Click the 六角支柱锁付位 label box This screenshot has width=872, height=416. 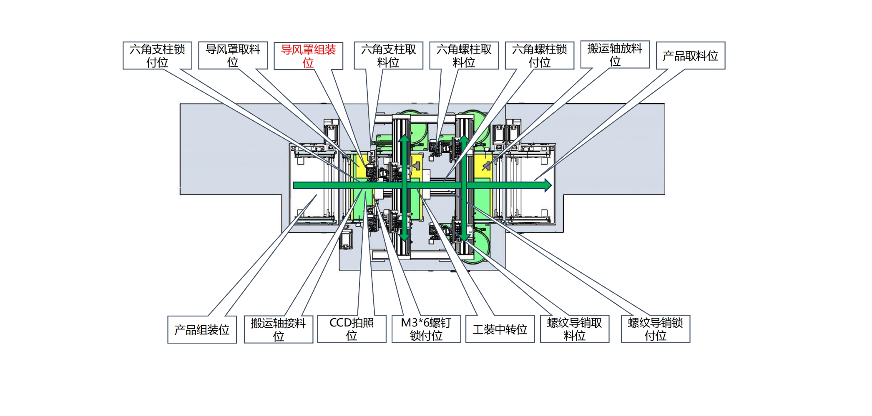point(157,55)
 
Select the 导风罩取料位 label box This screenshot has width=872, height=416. point(233,55)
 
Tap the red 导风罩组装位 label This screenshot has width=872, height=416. point(308,56)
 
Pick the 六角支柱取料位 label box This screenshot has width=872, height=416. point(388,55)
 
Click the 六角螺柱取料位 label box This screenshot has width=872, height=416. point(464,55)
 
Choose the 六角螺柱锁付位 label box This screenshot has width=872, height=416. point(540,55)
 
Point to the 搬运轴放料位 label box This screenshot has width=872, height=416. point(615,55)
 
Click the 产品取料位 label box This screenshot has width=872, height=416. point(691,55)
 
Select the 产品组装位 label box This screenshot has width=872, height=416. point(202,329)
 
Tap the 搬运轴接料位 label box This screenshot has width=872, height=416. point(279,329)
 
